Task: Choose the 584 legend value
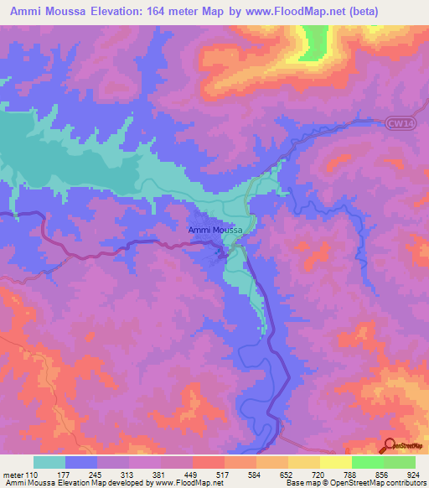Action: pos(257,473)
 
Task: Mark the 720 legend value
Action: pos(321,473)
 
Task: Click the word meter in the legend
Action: pos(14,473)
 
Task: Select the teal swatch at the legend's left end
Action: pos(49,461)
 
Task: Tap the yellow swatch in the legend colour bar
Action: pos(335,461)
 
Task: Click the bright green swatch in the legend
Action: pos(367,461)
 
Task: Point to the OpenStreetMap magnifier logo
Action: pos(390,445)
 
